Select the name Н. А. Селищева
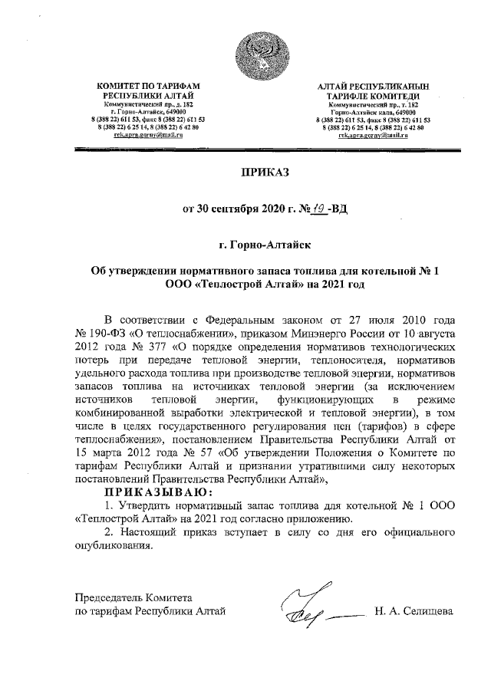coord(413,611)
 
